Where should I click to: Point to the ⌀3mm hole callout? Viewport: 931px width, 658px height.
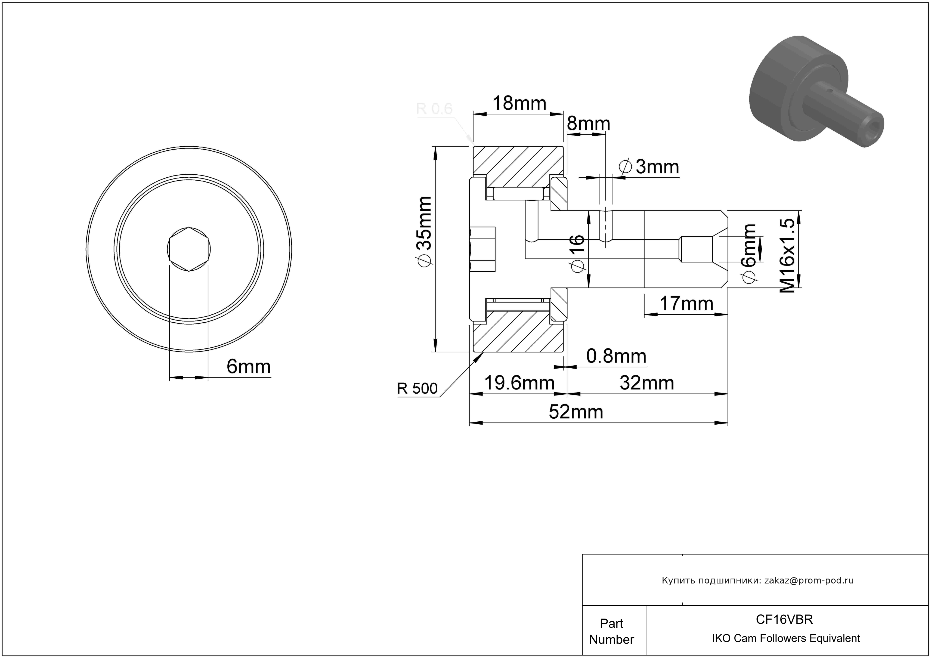[x=649, y=167]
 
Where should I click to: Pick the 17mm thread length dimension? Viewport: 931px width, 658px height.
[x=686, y=303]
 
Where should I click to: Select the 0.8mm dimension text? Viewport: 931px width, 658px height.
[x=616, y=356]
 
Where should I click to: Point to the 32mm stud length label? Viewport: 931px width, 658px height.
[x=647, y=383]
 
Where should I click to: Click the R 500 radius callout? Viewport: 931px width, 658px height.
[x=417, y=388]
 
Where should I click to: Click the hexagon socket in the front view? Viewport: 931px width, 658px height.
[x=189, y=249]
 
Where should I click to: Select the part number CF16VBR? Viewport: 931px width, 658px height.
[x=784, y=619]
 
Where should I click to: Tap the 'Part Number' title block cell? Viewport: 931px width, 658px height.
[x=611, y=631]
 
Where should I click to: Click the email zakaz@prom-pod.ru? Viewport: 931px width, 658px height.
[x=809, y=580]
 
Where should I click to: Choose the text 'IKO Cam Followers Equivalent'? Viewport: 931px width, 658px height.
[x=786, y=638]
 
